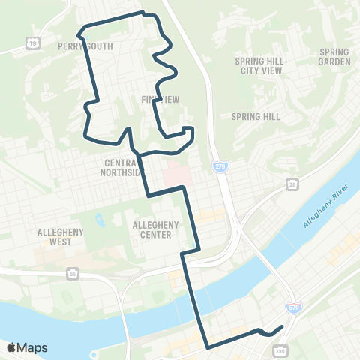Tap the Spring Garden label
tap(334, 57)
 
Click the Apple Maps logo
tap(27, 347)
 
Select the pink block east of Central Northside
tap(176, 174)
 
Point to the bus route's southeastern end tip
tap(282, 326)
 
